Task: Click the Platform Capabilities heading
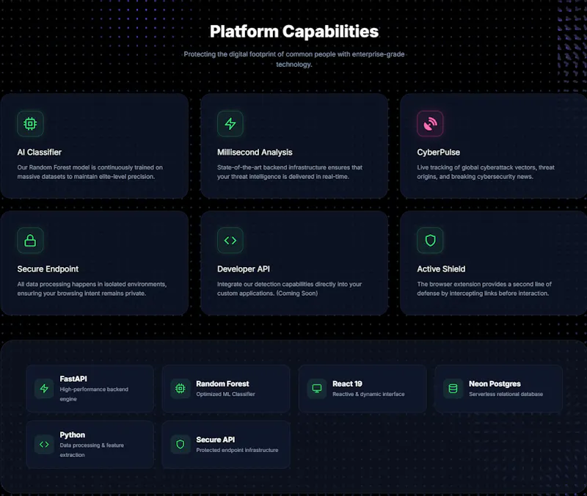[294, 32]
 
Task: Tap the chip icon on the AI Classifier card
[30, 123]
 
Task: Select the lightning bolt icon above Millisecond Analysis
[230, 123]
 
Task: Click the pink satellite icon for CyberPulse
[430, 123]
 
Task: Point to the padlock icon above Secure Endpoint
[30, 241]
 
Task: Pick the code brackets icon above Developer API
[230, 241]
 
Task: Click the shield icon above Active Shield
[430, 241]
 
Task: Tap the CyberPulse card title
[438, 153]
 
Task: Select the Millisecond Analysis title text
[255, 153]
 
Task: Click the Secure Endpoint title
[48, 269]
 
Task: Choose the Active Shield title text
[441, 269]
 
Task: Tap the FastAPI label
[73, 379]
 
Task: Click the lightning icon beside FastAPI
[44, 389]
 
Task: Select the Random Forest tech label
[222, 384]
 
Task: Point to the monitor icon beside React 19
[317, 389]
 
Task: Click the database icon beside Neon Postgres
[453, 389]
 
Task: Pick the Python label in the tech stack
[72, 435]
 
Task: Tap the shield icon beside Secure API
[181, 445]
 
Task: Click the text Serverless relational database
[506, 394]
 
